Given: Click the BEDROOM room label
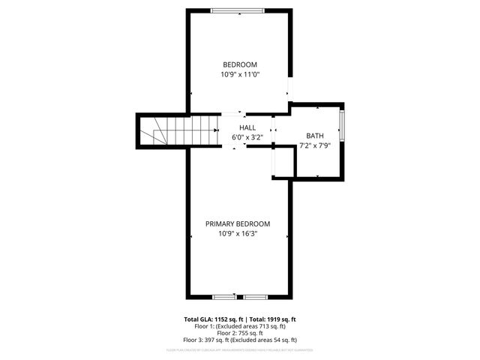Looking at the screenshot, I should (239, 64).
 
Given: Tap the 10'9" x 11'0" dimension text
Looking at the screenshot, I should (239, 74).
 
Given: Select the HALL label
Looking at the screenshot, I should (247, 128).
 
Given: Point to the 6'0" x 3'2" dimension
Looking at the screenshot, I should (247, 138).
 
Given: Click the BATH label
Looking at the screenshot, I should (315, 136).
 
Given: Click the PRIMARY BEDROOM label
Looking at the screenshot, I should (238, 223).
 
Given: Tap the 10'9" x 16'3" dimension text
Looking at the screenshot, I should (238, 234).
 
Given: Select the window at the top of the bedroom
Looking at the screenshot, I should (237, 10).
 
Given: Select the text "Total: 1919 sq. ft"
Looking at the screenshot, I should (272, 319).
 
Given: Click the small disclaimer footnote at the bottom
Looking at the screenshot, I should (239, 349).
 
